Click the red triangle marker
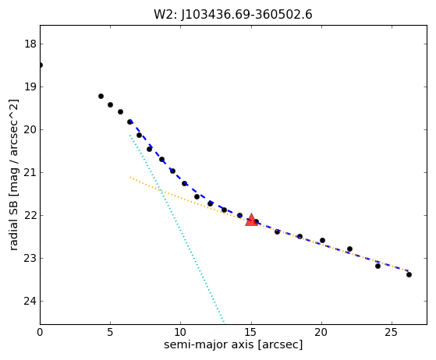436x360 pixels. (251, 220)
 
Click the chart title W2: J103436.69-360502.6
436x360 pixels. (233, 15)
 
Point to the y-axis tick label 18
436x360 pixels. (30, 44)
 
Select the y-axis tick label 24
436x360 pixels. (30, 301)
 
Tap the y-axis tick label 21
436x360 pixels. (30, 172)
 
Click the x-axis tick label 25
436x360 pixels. (392, 332)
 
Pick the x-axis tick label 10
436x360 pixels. (181, 332)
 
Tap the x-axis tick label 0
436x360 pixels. (40, 332)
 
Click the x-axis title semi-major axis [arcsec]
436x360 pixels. (233, 344)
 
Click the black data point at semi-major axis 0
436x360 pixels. (41, 65)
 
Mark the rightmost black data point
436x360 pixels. (409, 275)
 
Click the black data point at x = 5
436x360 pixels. (111, 104)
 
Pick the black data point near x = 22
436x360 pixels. (349, 249)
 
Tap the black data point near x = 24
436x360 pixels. (378, 266)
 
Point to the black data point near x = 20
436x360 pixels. (322, 240)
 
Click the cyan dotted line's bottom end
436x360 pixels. (224, 323)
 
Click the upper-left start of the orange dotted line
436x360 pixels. (130, 177)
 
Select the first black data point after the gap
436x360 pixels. (101, 97)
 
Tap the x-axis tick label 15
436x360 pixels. (251, 332)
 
